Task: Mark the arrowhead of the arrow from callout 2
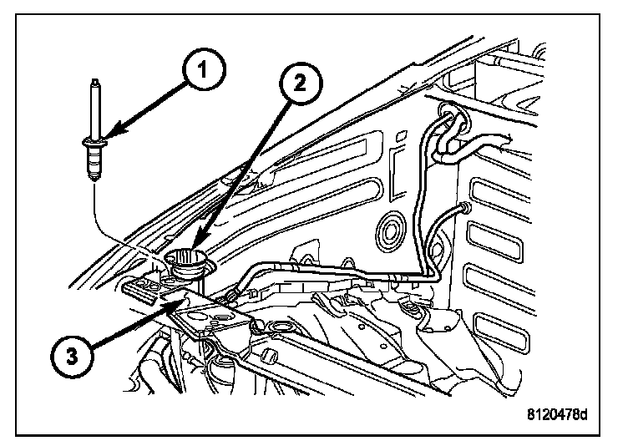tap(198, 248)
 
